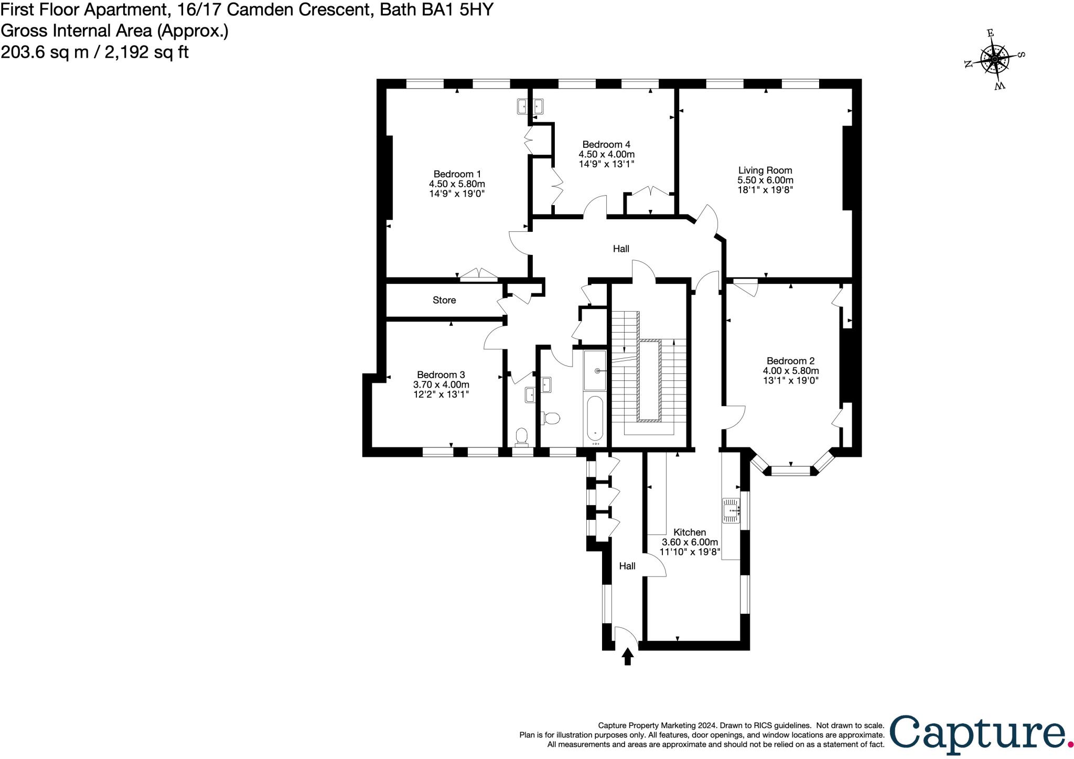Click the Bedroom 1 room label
point(457,174)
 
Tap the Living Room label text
point(765,170)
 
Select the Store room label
point(444,300)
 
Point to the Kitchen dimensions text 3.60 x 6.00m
point(690,542)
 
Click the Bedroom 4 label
point(606,144)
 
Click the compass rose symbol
point(994,59)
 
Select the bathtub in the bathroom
point(595,419)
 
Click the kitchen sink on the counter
point(731,510)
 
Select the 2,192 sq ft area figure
point(146,52)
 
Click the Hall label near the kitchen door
point(627,566)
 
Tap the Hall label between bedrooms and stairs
point(621,249)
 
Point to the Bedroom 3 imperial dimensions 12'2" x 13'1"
point(441,394)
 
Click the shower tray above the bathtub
point(595,370)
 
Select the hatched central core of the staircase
point(649,380)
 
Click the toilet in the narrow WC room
point(521,436)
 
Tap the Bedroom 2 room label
point(790,361)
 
